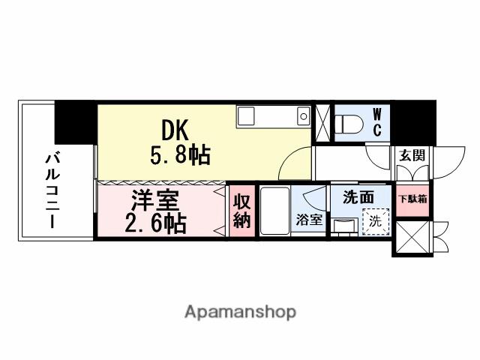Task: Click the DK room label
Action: click(x=177, y=130)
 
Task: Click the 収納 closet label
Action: click(x=241, y=211)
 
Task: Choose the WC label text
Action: click(x=377, y=121)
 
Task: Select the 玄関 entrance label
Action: click(x=411, y=155)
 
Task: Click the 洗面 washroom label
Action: click(x=359, y=198)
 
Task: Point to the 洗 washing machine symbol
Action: click(x=376, y=222)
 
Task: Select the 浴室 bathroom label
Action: click(x=309, y=221)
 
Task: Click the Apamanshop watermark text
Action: click(x=239, y=311)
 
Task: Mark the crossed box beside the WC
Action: click(x=322, y=122)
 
